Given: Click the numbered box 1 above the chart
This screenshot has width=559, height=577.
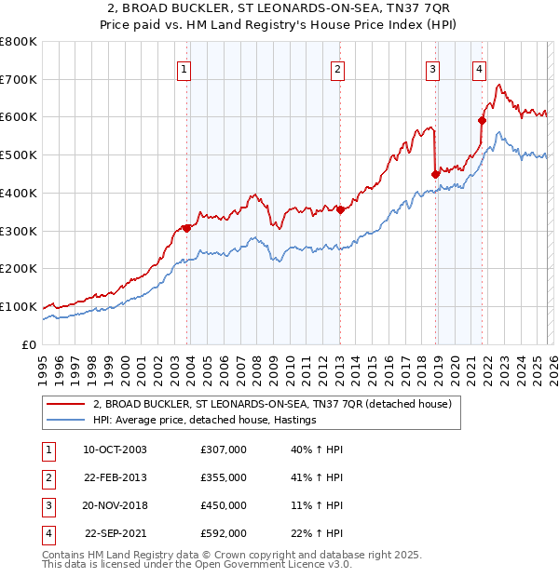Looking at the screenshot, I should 184,68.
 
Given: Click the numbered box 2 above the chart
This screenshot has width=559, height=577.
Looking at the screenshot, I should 336,68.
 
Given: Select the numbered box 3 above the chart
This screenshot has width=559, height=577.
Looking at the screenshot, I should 433,68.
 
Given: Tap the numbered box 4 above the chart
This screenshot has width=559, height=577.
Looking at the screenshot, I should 479,68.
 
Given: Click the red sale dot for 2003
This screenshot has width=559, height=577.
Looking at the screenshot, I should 187,228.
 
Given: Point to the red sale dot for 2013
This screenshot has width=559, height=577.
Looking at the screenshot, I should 340,209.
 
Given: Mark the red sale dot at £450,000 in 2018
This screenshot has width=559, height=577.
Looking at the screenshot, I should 435,173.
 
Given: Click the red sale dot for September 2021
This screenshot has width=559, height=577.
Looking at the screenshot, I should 483,119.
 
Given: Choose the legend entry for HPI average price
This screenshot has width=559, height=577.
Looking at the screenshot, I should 204,421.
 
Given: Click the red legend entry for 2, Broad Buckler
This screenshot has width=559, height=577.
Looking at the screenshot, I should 272,404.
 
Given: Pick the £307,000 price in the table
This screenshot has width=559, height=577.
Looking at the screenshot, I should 224,450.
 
